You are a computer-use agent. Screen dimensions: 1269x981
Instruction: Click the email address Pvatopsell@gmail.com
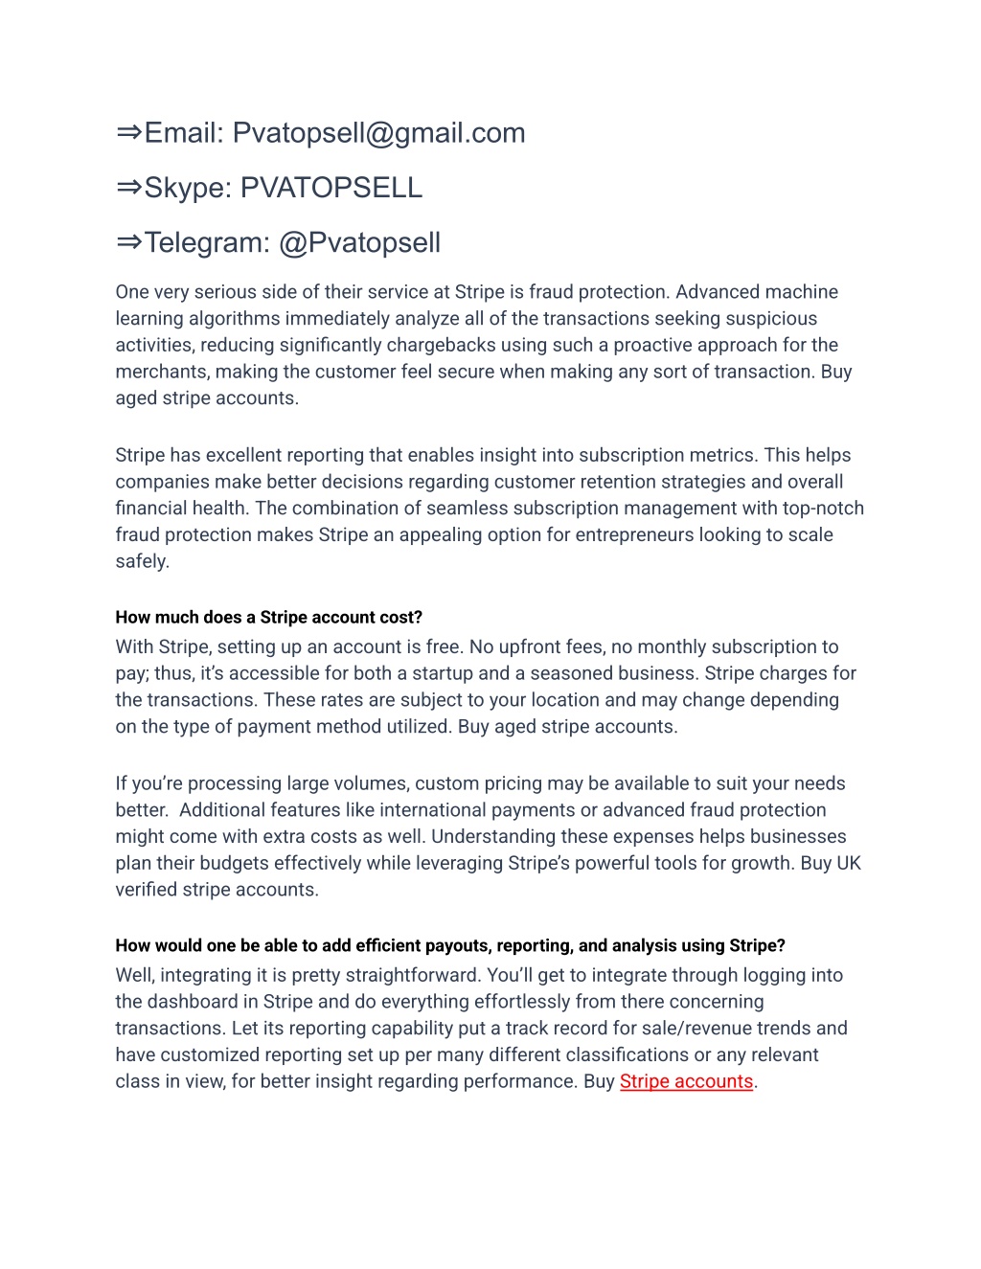coord(378,133)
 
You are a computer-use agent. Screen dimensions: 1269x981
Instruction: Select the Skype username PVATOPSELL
coord(331,188)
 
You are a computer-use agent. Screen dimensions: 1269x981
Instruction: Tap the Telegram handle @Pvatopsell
coord(359,243)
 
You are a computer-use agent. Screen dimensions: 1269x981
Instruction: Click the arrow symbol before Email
coord(129,132)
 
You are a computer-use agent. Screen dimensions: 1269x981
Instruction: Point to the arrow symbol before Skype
coord(129,187)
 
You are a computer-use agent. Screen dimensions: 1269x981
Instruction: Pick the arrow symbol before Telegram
coord(129,242)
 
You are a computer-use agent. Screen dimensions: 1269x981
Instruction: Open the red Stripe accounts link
coord(686,1081)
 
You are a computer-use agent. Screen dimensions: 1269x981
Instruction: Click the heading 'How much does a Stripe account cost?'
coord(269,618)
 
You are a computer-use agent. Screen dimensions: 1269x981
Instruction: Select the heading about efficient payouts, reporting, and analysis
coord(450,946)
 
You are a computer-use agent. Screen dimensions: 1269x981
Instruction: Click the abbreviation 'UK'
coord(849,863)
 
